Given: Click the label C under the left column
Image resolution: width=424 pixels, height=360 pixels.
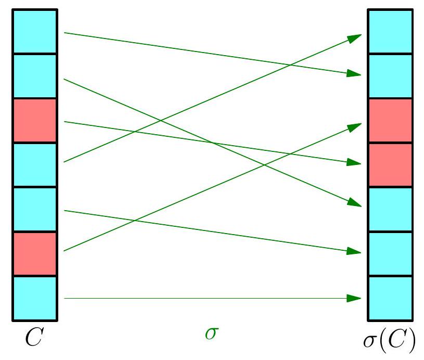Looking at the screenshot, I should [x=34, y=338].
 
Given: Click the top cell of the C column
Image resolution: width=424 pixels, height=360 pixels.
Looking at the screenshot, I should [x=34, y=31].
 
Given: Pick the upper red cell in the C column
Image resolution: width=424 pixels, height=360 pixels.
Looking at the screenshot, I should [x=34, y=121].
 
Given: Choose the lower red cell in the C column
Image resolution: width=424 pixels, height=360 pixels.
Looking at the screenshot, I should [x=34, y=254].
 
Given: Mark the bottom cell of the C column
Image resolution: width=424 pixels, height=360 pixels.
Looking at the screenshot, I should [x=34, y=299].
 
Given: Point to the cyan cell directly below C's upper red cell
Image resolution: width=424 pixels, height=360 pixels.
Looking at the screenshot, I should [x=34, y=165].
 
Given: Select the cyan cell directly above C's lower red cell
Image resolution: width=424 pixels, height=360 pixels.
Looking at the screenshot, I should [x=34, y=209].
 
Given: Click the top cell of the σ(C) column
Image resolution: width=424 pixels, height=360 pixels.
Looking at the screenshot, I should [x=390, y=31].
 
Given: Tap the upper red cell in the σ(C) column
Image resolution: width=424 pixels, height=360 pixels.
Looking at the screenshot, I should [x=390, y=121].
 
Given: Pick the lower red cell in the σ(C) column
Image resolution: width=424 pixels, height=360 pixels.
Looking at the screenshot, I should [x=390, y=165].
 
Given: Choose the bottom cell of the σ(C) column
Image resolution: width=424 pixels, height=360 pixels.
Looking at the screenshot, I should [x=390, y=299].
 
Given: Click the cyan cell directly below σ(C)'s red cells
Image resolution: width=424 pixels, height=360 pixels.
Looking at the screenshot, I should [x=390, y=209].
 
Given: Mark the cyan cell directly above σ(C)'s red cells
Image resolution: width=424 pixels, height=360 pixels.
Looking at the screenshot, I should [x=390, y=76].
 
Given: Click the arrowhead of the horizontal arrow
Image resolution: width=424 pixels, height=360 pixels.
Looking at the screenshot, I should [x=355, y=298].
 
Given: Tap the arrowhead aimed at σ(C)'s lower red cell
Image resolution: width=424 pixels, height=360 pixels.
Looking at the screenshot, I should [x=355, y=163].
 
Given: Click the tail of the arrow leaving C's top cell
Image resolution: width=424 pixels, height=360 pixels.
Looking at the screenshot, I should [x=65, y=33].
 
